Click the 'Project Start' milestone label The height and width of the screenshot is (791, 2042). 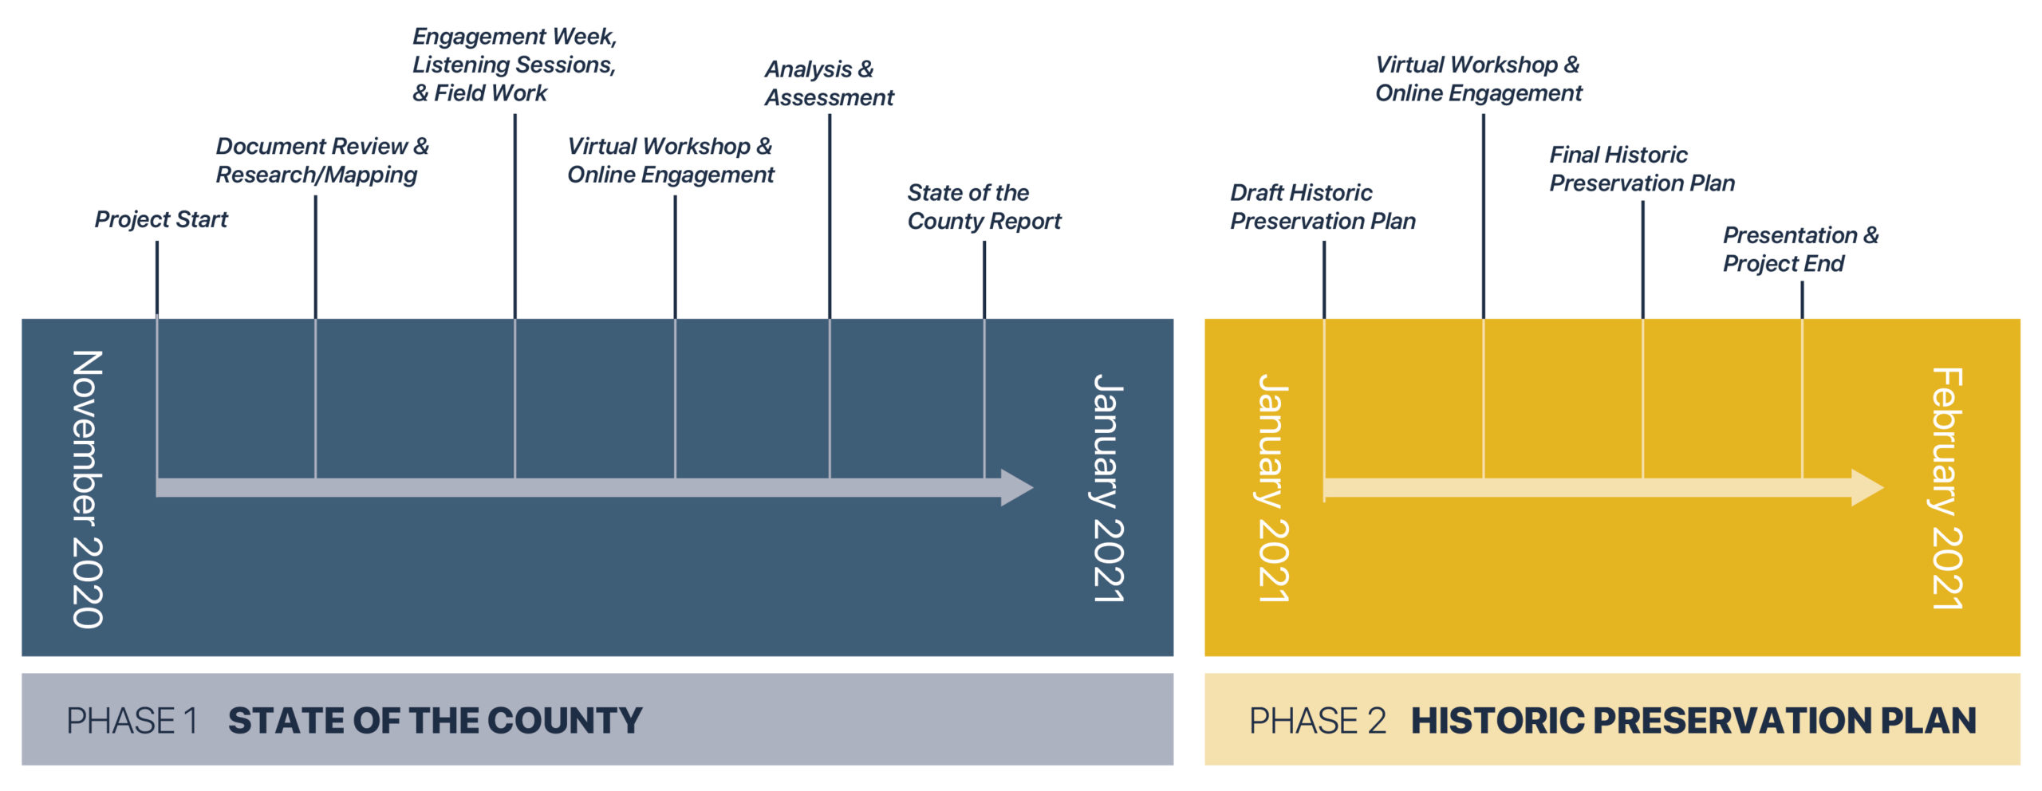(x=161, y=219)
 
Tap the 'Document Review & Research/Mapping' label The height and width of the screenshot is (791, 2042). (x=321, y=160)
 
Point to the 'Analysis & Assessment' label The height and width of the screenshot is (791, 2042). (x=829, y=83)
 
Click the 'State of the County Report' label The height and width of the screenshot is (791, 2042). (x=984, y=207)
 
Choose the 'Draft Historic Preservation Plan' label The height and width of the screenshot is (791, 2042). (x=1323, y=207)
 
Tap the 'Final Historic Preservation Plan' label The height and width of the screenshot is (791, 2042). (x=1642, y=169)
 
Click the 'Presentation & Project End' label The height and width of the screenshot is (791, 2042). (x=1800, y=249)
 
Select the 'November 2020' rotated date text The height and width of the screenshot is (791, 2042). (x=88, y=489)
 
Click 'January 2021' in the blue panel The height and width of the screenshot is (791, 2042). (x=1108, y=488)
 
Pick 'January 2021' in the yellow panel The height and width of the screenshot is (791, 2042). (x=1273, y=488)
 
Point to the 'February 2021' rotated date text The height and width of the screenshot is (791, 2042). (x=1947, y=488)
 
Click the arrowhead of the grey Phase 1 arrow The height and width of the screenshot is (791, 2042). (x=1017, y=487)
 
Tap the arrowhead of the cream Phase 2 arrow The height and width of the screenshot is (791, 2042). (x=1867, y=487)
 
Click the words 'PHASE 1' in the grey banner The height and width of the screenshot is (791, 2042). (x=132, y=721)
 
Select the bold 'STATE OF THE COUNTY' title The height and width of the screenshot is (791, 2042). (x=435, y=721)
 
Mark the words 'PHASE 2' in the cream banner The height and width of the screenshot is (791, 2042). (x=1317, y=721)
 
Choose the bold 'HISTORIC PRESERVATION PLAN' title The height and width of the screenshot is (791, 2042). (x=1693, y=721)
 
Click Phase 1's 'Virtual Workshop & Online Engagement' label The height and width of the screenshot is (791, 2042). (x=670, y=160)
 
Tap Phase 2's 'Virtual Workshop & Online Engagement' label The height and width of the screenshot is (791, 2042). (x=1478, y=79)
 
